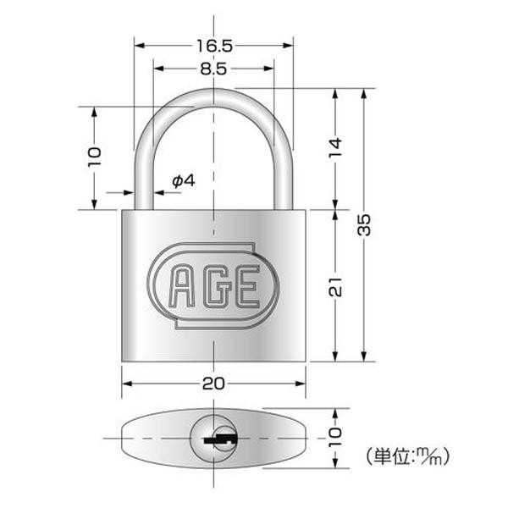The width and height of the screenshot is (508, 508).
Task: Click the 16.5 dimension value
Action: coord(214,46)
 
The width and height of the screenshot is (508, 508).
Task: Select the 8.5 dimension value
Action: coord(213,69)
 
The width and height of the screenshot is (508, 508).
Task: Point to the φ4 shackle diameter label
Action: coord(184,181)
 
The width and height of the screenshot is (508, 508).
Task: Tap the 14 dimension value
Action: coord(335,147)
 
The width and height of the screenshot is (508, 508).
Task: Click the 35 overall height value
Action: coord(364,224)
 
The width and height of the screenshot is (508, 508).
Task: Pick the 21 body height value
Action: coord(335,287)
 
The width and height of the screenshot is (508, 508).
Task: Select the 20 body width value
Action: coord(213,384)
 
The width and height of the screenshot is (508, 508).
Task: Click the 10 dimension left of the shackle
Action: coord(94,157)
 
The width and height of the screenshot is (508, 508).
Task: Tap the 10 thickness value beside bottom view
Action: coord(335,437)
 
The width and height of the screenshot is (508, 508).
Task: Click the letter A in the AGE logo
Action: coord(182,286)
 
